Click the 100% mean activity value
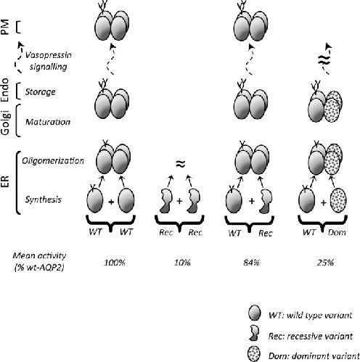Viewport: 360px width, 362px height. click(x=115, y=263)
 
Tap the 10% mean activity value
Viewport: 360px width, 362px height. click(x=182, y=263)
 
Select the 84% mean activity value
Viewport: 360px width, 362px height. click(x=252, y=263)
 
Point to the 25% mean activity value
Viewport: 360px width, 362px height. click(x=325, y=263)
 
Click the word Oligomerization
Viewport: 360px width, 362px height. click(x=53, y=161)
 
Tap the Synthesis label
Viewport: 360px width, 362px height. click(x=44, y=199)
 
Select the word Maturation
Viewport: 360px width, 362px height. click(x=48, y=122)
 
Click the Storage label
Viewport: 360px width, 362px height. click(x=41, y=92)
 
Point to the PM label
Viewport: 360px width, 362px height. click(x=5, y=27)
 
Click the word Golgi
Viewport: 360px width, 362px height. click(x=5, y=123)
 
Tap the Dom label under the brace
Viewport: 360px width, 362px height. click(x=337, y=233)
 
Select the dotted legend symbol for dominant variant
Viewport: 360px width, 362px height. click(x=254, y=355)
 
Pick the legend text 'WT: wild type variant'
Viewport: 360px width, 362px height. click(x=310, y=316)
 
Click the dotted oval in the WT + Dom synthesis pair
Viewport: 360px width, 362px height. click(x=338, y=201)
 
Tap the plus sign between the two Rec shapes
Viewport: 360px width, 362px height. click(x=179, y=201)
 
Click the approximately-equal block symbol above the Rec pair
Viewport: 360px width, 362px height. click(x=181, y=164)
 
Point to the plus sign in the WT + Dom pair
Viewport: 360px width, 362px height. click(x=324, y=202)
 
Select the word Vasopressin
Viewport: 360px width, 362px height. click(x=49, y=55)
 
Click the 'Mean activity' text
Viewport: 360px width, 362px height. click(x=39, y=255)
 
